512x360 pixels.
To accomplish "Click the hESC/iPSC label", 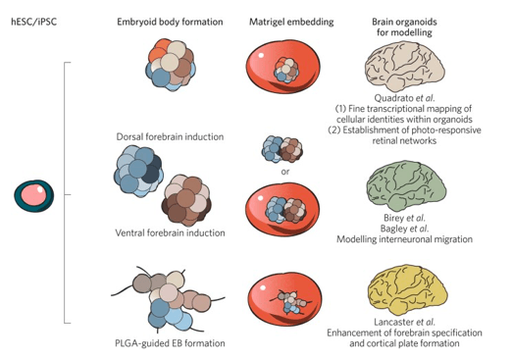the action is [34, 22].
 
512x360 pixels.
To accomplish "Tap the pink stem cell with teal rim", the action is [34, 195].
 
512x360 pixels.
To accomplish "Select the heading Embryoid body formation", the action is [170, 22].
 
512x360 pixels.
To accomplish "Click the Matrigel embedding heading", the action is [291, 22].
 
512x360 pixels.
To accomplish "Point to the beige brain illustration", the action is [404, 67].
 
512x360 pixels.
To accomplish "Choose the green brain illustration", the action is [406, 186].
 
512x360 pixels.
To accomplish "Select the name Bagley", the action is [394, 229].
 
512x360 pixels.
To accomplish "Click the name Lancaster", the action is [394, 322].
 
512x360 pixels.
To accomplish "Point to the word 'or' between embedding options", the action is [285, 172].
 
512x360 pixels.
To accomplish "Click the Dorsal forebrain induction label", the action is [170, 136].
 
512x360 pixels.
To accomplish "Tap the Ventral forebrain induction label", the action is [170, 232].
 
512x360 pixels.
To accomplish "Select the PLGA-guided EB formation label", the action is [170, 343].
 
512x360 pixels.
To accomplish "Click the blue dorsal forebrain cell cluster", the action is [138, 171].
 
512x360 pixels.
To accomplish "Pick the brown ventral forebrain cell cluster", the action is [186, 200].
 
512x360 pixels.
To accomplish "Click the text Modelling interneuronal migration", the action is [404, 239].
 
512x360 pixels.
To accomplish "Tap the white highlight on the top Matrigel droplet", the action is [261, 55].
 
